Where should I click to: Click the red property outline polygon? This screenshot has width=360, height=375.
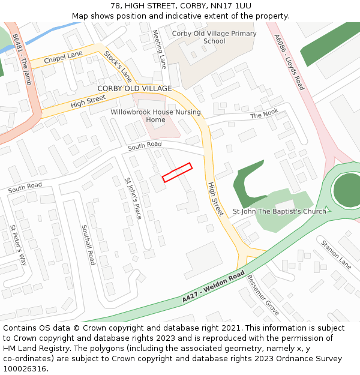177,172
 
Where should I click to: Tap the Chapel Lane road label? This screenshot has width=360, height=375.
63,57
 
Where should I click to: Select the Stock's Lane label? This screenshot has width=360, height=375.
118,66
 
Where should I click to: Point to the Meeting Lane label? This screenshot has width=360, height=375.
158,49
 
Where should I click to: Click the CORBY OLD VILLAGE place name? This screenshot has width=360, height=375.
134,88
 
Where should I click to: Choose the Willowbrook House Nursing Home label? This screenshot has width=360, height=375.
155,116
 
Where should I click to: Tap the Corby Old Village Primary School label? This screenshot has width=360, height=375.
214,37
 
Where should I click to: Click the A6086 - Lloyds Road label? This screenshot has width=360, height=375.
289,62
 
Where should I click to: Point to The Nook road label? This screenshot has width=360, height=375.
264,114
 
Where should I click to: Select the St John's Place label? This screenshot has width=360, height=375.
133,198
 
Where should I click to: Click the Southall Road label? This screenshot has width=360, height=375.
88,245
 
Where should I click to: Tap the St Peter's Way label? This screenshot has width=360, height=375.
18,245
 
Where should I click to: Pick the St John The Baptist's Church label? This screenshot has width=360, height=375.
279,211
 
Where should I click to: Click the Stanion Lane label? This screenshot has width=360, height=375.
336,254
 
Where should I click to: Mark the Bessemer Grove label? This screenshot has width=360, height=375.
263,295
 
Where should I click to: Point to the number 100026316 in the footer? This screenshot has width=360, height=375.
25,368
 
